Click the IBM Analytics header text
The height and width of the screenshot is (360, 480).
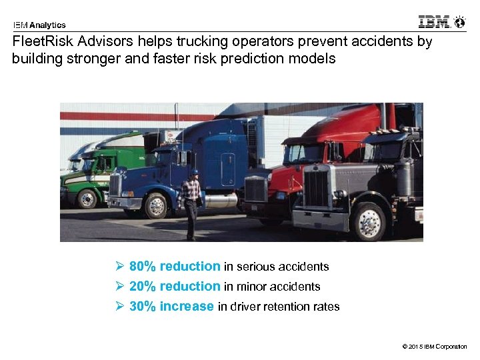[x=39, y=25]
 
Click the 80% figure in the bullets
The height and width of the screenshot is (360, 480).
[x=143, y=267]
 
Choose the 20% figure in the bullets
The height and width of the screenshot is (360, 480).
[x=143, y=287]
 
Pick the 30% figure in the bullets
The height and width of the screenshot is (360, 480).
[x=143, y=307]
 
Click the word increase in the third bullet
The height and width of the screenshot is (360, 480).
[x=187, y=307]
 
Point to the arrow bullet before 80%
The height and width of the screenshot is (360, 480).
[x=120, y=267]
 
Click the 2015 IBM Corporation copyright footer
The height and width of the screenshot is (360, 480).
[x=435, y=347]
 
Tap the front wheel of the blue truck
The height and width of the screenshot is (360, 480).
[x=156, y=205]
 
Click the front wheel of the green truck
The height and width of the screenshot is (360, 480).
[x=87, y=199]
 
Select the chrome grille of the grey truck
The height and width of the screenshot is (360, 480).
[x=317, y=189]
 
